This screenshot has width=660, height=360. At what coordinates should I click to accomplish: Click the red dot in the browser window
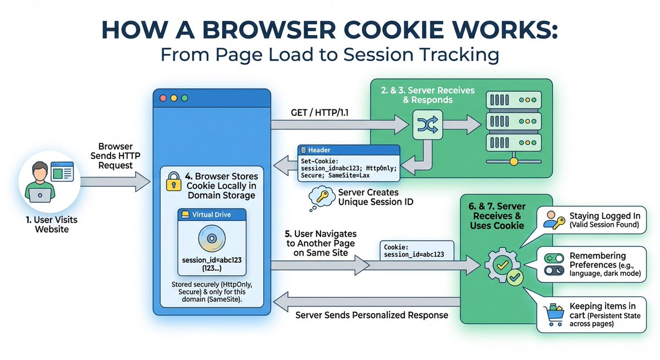[x=163, y=98]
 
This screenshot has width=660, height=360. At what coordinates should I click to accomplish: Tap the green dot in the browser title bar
[x=185, y=98]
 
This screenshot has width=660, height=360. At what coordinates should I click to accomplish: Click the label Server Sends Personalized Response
[x=372, y=315]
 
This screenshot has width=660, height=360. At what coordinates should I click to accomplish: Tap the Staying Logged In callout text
[x=603, y=219]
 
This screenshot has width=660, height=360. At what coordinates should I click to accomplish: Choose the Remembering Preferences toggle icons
[x=554, y=264]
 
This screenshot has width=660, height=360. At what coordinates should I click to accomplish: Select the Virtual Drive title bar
[x=212, y=216]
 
